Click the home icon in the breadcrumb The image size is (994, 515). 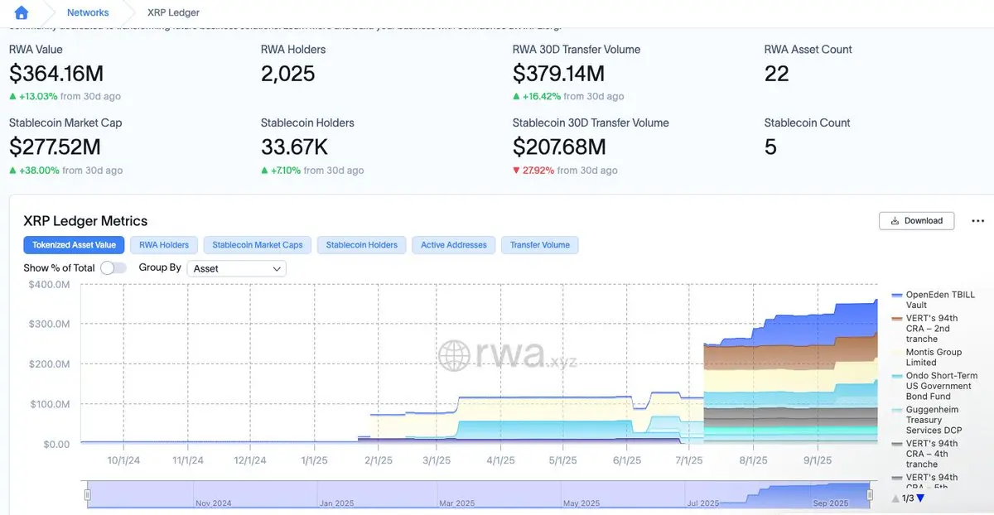(22, 12)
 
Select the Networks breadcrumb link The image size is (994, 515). (88, 12)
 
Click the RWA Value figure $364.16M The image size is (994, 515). (56, 74)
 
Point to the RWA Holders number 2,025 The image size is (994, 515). (287, 74)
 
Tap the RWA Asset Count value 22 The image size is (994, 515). (776, 74)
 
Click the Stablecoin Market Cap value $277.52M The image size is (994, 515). (55, 147)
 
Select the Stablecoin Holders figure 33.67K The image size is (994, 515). (294, 147)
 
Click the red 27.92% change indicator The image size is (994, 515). (538, 171)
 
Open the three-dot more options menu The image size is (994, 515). (977, 221)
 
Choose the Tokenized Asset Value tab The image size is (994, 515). (75, 245)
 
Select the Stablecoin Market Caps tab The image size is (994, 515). (258, 245)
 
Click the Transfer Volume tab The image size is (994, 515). (540, 245)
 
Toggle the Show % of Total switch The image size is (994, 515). (113, 268)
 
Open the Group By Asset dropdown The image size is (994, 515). (237, 268)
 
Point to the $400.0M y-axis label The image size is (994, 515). (51, 284)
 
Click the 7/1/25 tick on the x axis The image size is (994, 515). (689, 460)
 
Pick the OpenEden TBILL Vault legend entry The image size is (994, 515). (939, 300)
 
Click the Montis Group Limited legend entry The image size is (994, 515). (934, 357)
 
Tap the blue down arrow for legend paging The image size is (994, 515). (919, 498)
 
